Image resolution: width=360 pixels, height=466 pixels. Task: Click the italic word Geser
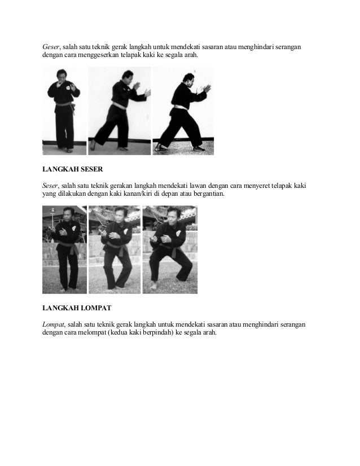[x=51, y=47]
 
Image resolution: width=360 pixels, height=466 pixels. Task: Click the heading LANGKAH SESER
[x=73, y=169]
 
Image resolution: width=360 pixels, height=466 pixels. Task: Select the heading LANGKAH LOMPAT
[x=77, y=308]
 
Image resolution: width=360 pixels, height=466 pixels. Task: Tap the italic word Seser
[x=50, y=186]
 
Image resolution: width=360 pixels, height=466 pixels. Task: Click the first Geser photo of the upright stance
[x=64, y=111]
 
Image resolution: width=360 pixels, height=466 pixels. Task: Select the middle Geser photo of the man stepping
[x=120, y=111]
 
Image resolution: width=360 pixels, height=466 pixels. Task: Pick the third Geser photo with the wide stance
[x=183, y=111]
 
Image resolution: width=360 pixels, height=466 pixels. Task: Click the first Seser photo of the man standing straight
[x=64, y=249]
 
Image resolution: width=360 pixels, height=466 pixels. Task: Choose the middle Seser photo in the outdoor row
[x=115, y=249]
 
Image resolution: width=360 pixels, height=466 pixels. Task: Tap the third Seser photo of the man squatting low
[x=170, y=249]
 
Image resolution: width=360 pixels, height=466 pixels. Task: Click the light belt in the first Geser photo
[x=64, y=104]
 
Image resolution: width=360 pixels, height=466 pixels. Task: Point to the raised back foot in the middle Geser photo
[x=93, y=144]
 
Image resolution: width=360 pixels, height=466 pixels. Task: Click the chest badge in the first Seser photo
[x=74, y=228]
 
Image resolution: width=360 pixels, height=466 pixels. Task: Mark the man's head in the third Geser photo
[x=189, y=79]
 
